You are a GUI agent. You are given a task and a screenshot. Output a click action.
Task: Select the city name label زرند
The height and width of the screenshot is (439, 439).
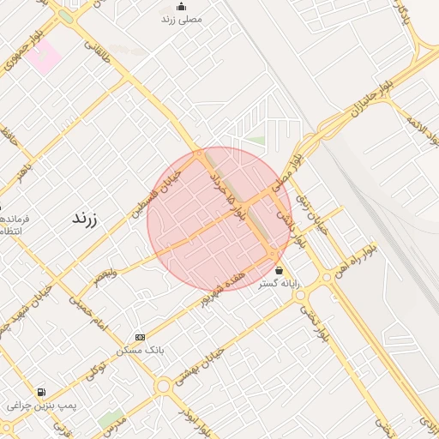pyautogui.click(x=83, y=219)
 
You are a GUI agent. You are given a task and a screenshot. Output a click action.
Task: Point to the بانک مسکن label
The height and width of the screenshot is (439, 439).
pyautogui.click(x=140, y=351)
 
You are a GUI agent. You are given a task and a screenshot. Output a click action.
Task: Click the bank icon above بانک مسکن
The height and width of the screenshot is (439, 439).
pyautogui.click(x=140, y=338)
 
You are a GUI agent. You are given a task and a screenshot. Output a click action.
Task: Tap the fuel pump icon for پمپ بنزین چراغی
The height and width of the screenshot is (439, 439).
pyautogui.click(x=41, y=392)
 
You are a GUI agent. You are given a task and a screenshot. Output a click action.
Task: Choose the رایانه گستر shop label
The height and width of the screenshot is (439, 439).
pyautogui.click(x=279, y=283)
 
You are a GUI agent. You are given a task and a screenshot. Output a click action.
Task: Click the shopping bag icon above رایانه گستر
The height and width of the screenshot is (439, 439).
pyautogui.click(x=279, y=271)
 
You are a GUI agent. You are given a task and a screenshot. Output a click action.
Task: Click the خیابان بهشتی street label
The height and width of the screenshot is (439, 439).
pyautogui.click(x=199, y=365)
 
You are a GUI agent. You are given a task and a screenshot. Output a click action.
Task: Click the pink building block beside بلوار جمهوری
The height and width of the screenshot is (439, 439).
pyautogui.click(x=43, y=57)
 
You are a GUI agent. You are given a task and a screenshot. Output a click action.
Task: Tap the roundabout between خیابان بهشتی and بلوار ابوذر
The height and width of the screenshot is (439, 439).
pyautogui.click(x=163, y=386)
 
